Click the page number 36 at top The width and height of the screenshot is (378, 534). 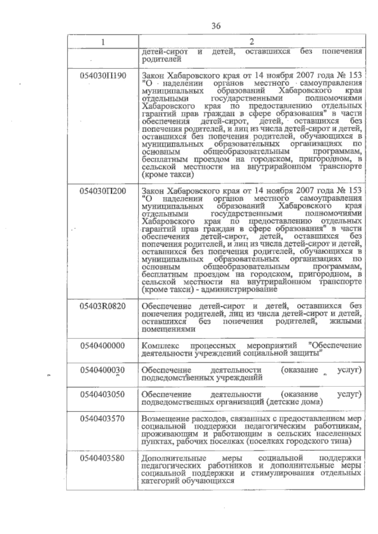click(216, 26)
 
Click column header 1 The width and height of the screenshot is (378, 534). click(103, 42)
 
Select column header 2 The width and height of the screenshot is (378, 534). click(251, 42)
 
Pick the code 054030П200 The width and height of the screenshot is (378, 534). click(103, 191)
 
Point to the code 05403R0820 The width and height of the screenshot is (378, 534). click(103, 306)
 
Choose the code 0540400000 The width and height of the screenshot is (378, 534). click(103, 346)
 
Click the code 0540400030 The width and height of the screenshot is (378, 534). click(103, 370)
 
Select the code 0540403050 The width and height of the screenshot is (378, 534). click(103, 394)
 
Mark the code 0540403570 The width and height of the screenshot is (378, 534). click(103, 419)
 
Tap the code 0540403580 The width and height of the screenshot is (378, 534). click(103, 458)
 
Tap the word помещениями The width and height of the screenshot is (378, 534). click(169, 329)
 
